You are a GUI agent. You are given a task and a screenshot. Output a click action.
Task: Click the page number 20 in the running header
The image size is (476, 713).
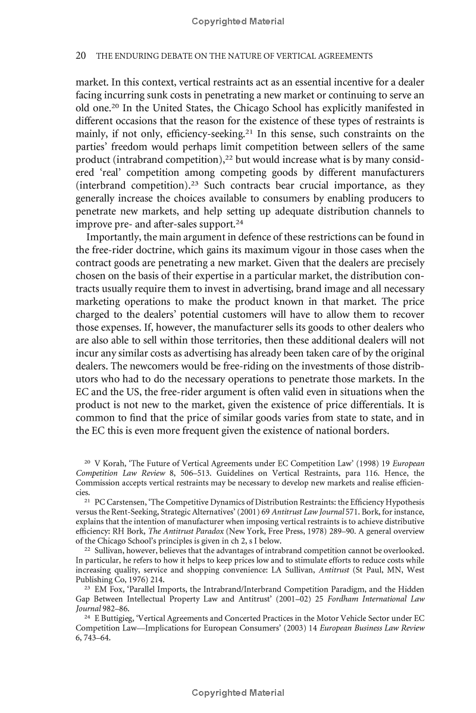[x=82, y=56]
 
